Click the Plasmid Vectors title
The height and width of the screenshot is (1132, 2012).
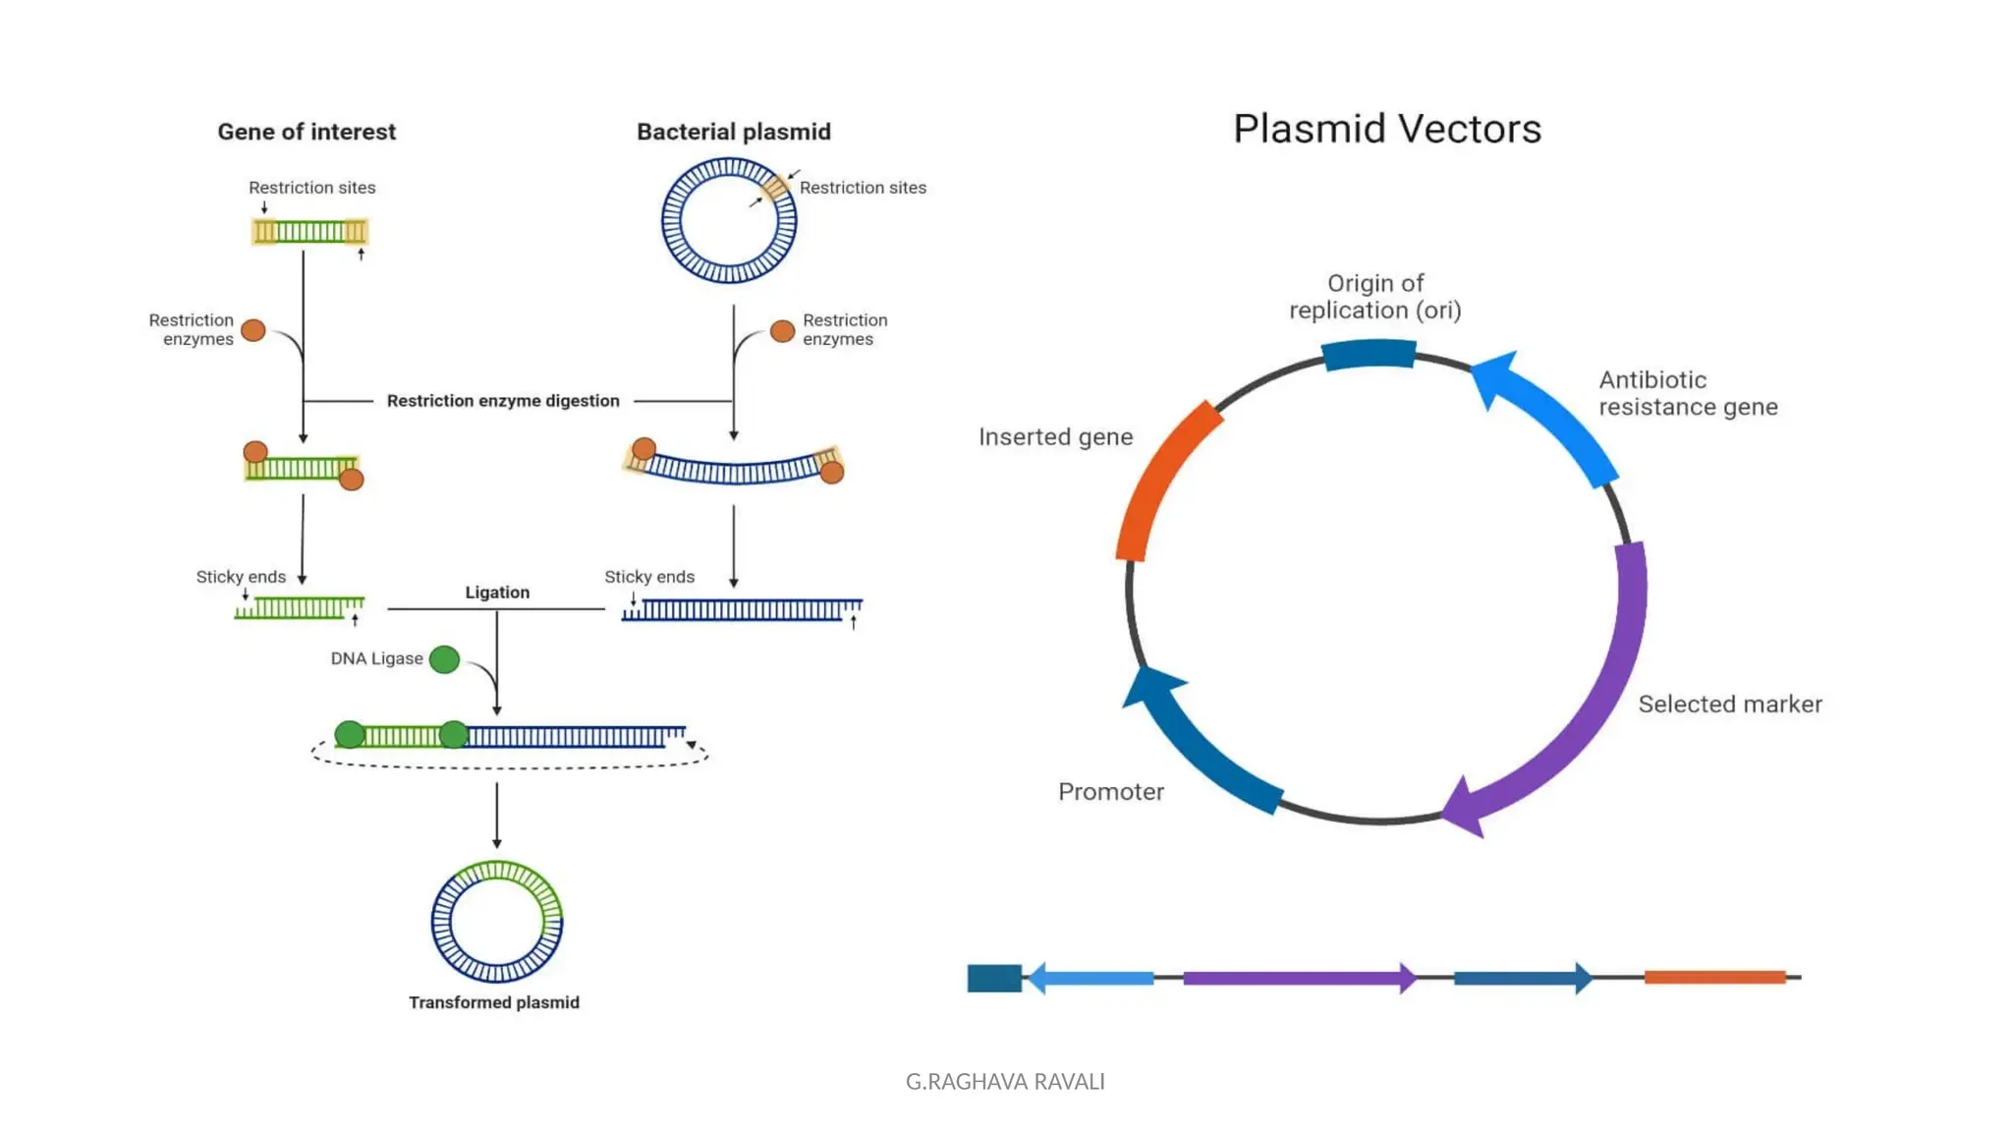click(x=1386, y=129)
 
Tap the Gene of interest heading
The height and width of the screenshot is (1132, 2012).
click(x=307, y=132)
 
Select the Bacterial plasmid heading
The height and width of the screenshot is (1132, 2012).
click(x=733, y=132)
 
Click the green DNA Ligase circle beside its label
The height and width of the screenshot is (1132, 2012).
click(x=444, y=659)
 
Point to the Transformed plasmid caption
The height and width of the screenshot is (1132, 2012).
click(x=494, y=1002)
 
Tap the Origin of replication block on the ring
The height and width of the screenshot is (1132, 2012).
click(x=1369, y=354)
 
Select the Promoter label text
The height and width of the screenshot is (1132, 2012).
click(x=1111, y=792)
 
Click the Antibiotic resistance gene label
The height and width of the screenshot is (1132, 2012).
click(x=1687, y=393)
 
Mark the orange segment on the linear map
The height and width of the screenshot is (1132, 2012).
click(x=1714, y=977)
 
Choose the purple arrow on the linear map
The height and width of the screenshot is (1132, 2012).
click(x=1297, y=978)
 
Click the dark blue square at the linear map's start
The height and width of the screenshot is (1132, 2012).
click(x=994, y=978)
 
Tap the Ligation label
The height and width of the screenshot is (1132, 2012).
click(x=497, y=593)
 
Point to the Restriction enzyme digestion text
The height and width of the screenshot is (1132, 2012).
click(x=503, y=401)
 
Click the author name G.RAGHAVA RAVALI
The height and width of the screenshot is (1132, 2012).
click(x=1005, y=1082)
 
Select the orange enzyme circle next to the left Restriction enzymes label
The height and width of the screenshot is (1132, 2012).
click(x=253, y=330)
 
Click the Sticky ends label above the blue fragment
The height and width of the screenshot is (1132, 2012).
click(x=649, y=577)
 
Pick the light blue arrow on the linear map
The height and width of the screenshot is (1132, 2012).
click(x=1090, y=978)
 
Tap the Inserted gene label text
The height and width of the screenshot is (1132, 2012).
click(x=1055, y=437)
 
